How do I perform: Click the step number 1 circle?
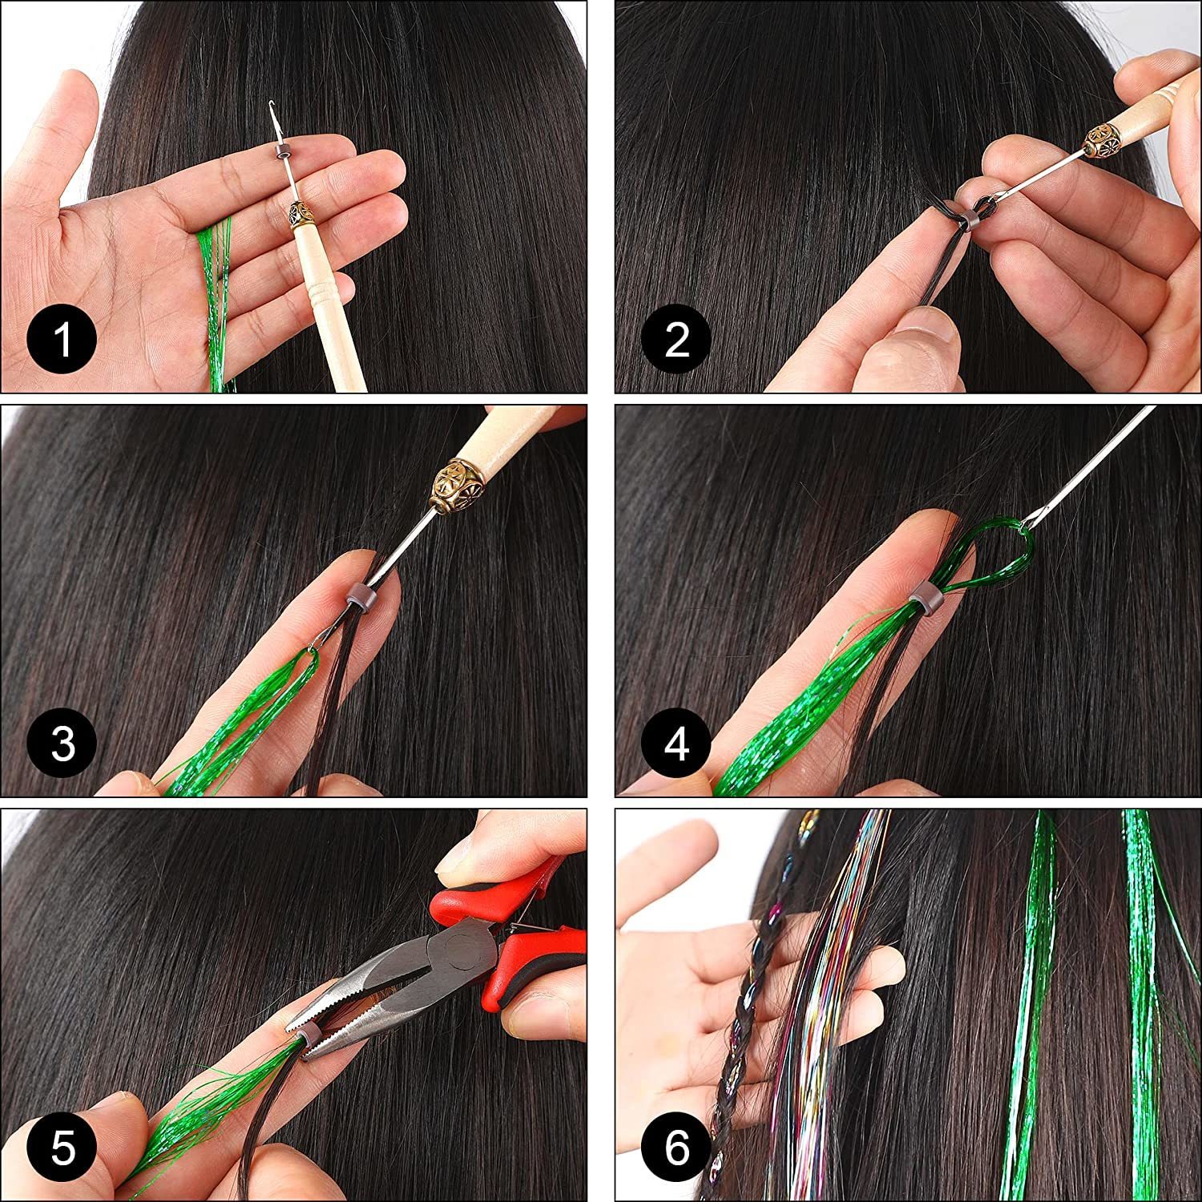(62, 340)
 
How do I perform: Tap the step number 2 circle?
(677, 340)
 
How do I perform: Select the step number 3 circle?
(62, 744)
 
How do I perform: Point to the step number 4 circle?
(677, 744)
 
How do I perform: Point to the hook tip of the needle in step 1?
(275, 108)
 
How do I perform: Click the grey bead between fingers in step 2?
(972, 215)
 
